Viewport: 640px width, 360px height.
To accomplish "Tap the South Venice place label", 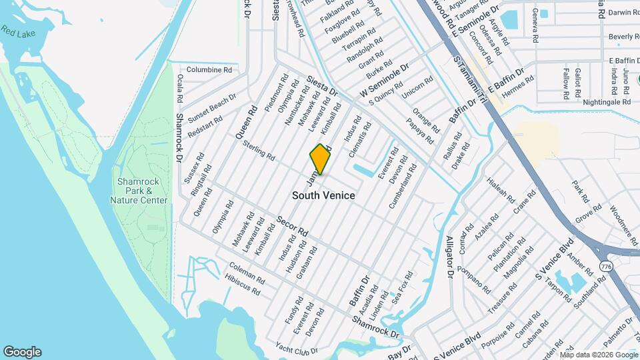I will tap(323, 195).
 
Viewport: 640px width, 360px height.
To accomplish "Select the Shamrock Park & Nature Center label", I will tap(142, 191).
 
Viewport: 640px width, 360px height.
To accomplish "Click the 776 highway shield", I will tap(605, 266).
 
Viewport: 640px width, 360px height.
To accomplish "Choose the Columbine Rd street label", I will tap(209, 69).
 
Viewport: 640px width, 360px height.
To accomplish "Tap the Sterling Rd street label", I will tap(259, 151).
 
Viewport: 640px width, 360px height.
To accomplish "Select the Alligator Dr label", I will tap(450, 255).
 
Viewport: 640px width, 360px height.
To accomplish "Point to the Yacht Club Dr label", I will tap(297, 348).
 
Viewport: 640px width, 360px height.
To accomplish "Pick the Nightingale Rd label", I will tap(606, 102).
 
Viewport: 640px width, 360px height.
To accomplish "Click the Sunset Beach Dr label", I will tap(212, 105).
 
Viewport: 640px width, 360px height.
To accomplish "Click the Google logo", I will tap(22, 352).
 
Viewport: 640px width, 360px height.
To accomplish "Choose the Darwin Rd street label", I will tap(620, 12).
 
